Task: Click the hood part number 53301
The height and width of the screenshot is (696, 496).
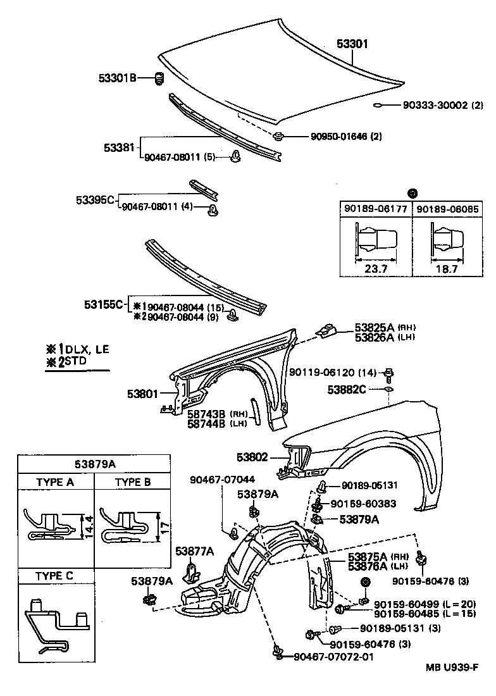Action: (x=351, y=44)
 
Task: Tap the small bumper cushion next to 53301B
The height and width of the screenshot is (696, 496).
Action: (x=160, y=79)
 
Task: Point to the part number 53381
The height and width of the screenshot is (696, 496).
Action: (x=119, y=147)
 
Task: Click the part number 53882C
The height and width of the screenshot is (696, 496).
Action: (x=347, y=388)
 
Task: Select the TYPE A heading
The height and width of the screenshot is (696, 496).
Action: (x=56, y=482)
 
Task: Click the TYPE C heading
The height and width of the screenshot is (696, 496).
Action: (x=55, y=576)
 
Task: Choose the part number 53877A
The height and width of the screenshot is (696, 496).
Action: (x=194, y=550)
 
